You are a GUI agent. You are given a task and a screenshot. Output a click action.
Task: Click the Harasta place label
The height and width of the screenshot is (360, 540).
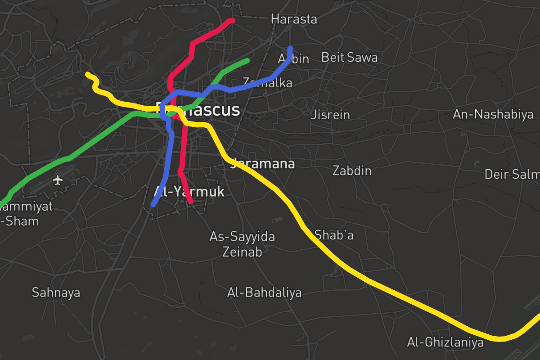pyautogui.click(x=294, y=19)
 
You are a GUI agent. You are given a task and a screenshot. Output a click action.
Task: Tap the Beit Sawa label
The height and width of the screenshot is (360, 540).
pyautogui.click(x=349, y=57)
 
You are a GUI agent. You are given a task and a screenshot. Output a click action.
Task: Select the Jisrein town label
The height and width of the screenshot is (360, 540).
pyautogui.click(x=330, y=115)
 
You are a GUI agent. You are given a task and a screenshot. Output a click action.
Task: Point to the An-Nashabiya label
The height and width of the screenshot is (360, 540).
pyautogui.click(x=493, y=115)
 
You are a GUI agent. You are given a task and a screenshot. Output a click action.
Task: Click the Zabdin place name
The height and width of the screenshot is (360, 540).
pyautogui.click(x=352, y=171)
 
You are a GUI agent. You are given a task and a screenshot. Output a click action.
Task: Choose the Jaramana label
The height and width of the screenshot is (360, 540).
pyautogui.click(x=263, y=164)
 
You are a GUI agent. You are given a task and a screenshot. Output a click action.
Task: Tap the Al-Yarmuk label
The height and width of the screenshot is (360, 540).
pyautogui.click(x=189, y=192)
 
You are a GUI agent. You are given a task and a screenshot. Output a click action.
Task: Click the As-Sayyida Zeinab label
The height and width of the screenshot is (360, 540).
pyautogui.click(x=242, y=244)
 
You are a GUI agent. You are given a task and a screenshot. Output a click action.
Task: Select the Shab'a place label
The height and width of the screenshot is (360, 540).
pyautogui.click(x=334, y=235)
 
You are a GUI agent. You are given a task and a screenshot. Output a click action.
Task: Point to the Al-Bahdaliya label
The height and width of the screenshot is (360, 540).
pyautogui.click(x=264, y=293)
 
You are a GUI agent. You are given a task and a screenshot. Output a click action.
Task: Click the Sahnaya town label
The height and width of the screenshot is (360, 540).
pyautogui.click(x=56, y=293)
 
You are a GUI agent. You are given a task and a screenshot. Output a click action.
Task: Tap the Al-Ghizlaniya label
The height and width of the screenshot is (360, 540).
pyautogui.click(x=445, y=343)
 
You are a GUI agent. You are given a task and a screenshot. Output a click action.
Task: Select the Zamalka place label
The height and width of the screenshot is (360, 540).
pyautogui.click(x=267, y=83)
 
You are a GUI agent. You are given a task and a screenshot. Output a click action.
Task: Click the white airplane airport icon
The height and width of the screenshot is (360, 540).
pyautogui.click(x=58, y=180)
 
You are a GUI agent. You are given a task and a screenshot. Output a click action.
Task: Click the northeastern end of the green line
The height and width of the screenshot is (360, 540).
pyautogui.click(x=247, y=60)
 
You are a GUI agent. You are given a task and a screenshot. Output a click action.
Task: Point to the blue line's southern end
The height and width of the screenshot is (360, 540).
pyautogui.click(x=153, y=205)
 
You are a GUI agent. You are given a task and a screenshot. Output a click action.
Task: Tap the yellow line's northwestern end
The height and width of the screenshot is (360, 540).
pyautogui.click(x=88, y=74)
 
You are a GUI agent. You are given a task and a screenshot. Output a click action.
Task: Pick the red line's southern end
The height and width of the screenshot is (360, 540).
pyautogui.click(x=191, y=202)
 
